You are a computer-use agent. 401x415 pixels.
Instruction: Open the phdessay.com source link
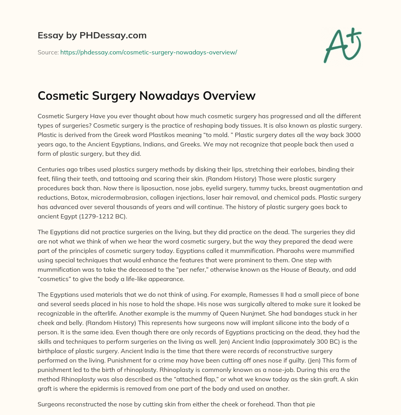148,52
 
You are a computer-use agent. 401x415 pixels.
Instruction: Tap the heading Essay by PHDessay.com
92,36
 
